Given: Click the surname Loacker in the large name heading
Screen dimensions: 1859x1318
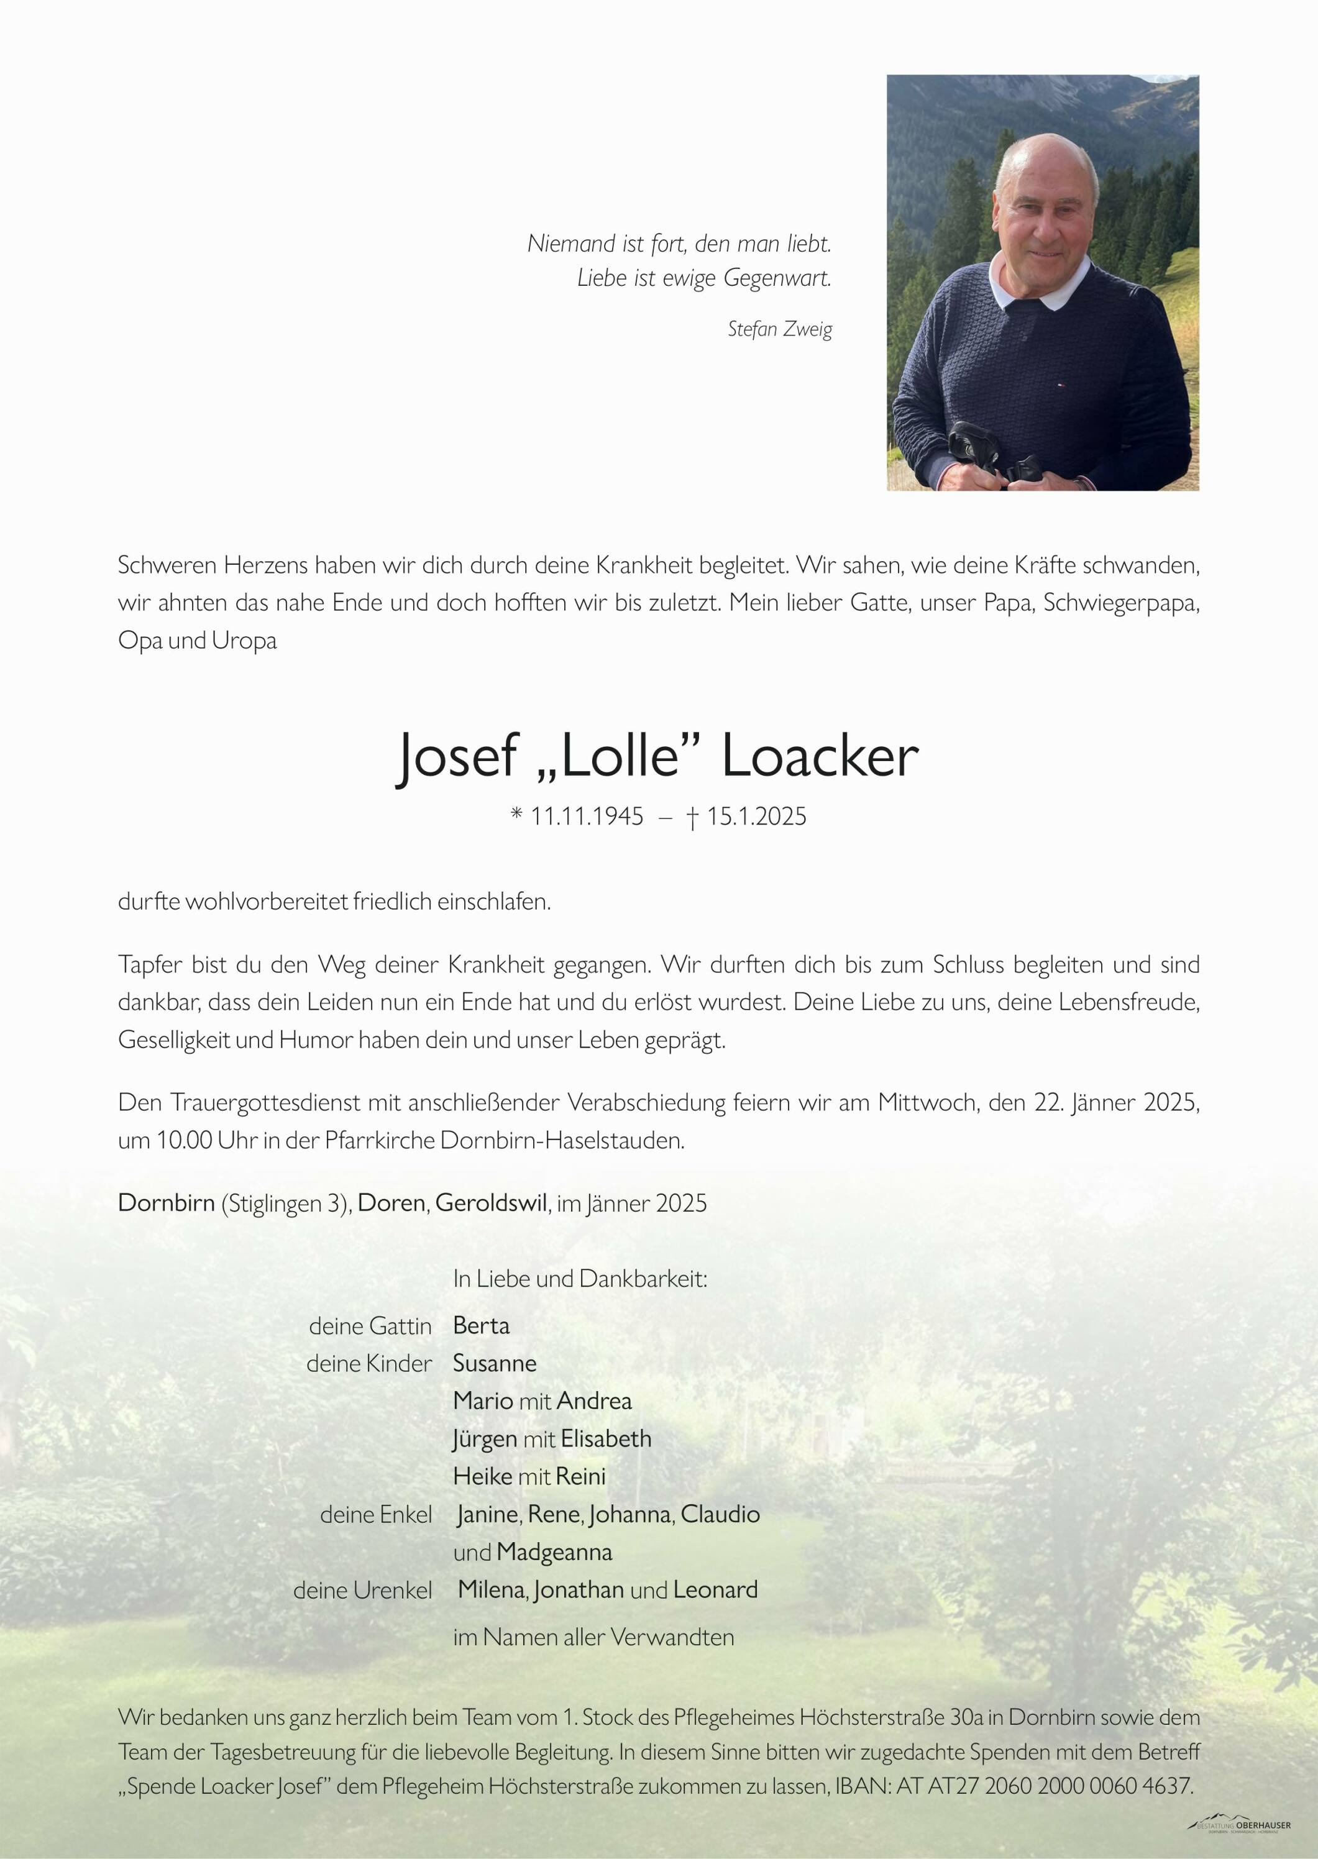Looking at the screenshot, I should [x=819, y=756].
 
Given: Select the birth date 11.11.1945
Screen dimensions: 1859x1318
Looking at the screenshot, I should [x=586, y=816].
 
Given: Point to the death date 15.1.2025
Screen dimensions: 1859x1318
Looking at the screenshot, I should [x=756, y=816].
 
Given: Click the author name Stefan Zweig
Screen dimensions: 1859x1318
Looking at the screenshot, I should [x=779, y=329].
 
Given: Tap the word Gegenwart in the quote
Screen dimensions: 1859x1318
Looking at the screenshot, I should [x=777, y=278].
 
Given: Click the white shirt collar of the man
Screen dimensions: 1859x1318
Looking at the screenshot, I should [x=1039, y=292].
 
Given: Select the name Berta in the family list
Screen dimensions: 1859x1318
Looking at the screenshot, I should [x=481, y=1325].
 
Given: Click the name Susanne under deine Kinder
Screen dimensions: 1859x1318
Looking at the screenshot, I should [x=494, y=1363].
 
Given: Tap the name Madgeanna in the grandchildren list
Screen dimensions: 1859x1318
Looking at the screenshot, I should [x=554, y=1552].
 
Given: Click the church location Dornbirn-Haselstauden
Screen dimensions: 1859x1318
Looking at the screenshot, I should [x=562, y=1140].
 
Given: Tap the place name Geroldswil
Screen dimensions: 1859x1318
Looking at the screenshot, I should [x=491, y=1202].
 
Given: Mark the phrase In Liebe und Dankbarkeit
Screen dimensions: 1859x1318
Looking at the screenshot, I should [x=580, y=1279].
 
